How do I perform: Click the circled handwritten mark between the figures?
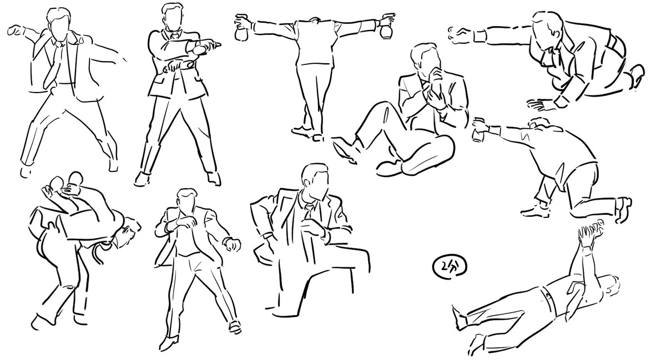pyautogui.click(x=449, y=267)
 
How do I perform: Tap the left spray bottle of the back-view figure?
pyautogui.click(x=241, y=28)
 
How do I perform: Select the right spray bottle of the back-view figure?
pyautogui.click(x=386, y=27)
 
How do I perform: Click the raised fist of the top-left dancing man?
pyautogui.click(x=14, y=31)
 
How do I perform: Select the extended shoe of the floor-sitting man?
pyautogui.click(x=344, y=151)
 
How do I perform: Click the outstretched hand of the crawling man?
pyautogui.click(x=461, y=36)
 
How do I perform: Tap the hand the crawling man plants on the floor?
pyautogui.click(x=542, y=105)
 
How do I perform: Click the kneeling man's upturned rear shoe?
pyautogui.click(x=624, y=209)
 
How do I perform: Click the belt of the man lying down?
pyautogui.click(x=548, y=300)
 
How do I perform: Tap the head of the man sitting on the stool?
pyautogui.click(x=315, y=181)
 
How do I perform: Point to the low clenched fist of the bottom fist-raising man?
pyautogui.click(x=232, y=245)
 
